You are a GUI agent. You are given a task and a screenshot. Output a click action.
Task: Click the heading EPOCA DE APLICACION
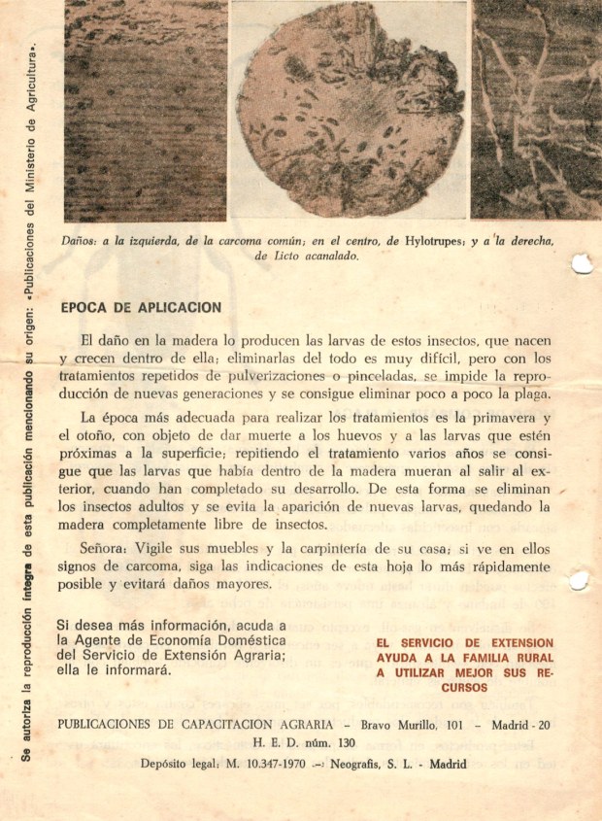(141, 308)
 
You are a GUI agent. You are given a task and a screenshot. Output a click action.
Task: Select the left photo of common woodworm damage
(145, 109)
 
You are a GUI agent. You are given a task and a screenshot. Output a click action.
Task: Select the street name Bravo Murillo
(401, 725)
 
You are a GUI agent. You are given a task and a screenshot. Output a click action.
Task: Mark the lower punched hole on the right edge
(581, 582)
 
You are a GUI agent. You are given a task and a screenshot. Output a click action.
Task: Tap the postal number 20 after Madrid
(544, 725)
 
